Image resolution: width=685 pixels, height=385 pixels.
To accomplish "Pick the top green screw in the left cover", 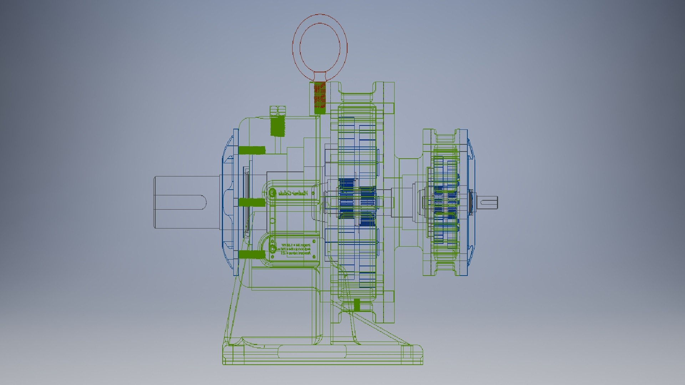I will (252, 150).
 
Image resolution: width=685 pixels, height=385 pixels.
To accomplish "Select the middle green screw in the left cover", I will (252, 202).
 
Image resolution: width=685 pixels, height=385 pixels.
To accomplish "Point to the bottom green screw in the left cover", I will (252, 255).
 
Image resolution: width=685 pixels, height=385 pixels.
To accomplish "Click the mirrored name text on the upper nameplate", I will (293, 194).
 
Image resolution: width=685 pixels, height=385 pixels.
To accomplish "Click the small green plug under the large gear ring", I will (357, 305).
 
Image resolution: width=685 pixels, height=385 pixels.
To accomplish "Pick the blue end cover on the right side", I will (471, 202).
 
